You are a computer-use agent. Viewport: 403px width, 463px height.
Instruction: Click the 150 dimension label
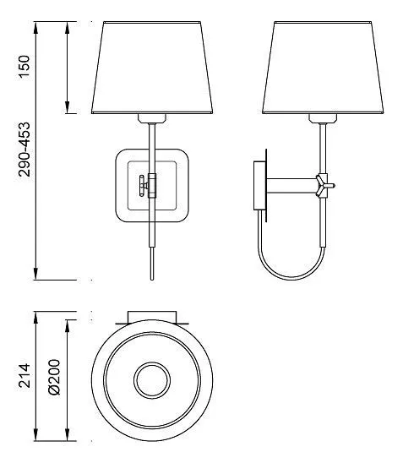(x=25, y=66)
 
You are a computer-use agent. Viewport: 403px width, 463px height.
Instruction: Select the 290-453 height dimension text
(x=25, y=150)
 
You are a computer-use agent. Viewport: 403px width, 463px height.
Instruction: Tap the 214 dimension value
(x=25, y=376)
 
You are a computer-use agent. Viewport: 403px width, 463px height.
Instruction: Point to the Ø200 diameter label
(x=55, y=377)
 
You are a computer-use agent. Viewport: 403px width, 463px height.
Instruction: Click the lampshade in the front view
(x=152, y=68)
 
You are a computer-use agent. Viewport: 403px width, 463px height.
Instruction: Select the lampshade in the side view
(x=323, y=68)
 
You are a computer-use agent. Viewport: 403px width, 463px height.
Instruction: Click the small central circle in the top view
(x=152, y=380)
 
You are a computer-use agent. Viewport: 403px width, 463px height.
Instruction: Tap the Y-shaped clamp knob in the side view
(x=324, y=185)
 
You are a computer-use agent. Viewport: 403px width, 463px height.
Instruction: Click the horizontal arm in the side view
(x=291, y=185)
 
